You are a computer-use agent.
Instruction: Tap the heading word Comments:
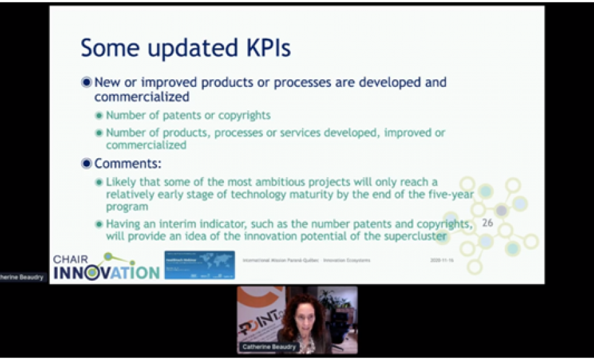click(x=128, y=163)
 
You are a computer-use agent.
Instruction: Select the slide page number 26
click(x=488, y=222)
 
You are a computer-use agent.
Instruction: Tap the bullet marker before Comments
click(x=86, y=163)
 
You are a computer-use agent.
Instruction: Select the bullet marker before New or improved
click(x=86, y=82)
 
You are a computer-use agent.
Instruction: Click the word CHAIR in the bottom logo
click(x=70, y=259)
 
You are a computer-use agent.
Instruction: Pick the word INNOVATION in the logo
click(x=106, y=272)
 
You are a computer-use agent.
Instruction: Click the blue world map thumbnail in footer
click(x=199, y=265)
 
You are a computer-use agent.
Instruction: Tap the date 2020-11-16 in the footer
click(x=443, y=260)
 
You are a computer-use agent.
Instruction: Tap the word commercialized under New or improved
click(x=142, y=97)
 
